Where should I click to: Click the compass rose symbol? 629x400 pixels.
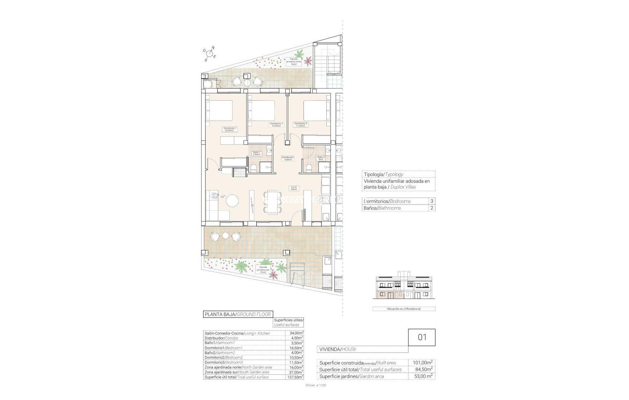point(209,54)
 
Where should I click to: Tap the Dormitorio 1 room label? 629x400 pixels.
point(230,129)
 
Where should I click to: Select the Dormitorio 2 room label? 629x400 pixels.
point(276,124)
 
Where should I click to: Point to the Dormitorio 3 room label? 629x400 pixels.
point(300,124)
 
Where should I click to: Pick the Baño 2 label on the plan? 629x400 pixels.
point(321,159)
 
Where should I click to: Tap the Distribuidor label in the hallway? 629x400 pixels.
point(287,159)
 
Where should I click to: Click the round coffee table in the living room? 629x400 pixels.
point(233,201)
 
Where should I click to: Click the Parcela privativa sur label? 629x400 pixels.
point(263,269)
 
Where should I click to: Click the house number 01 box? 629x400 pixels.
point(422,337)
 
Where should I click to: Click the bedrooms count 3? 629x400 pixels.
point(431,201)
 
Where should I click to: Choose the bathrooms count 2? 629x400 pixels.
point(431,208)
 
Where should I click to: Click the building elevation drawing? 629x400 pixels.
point(404,288)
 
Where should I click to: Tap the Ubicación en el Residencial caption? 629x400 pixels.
point(404,309)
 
